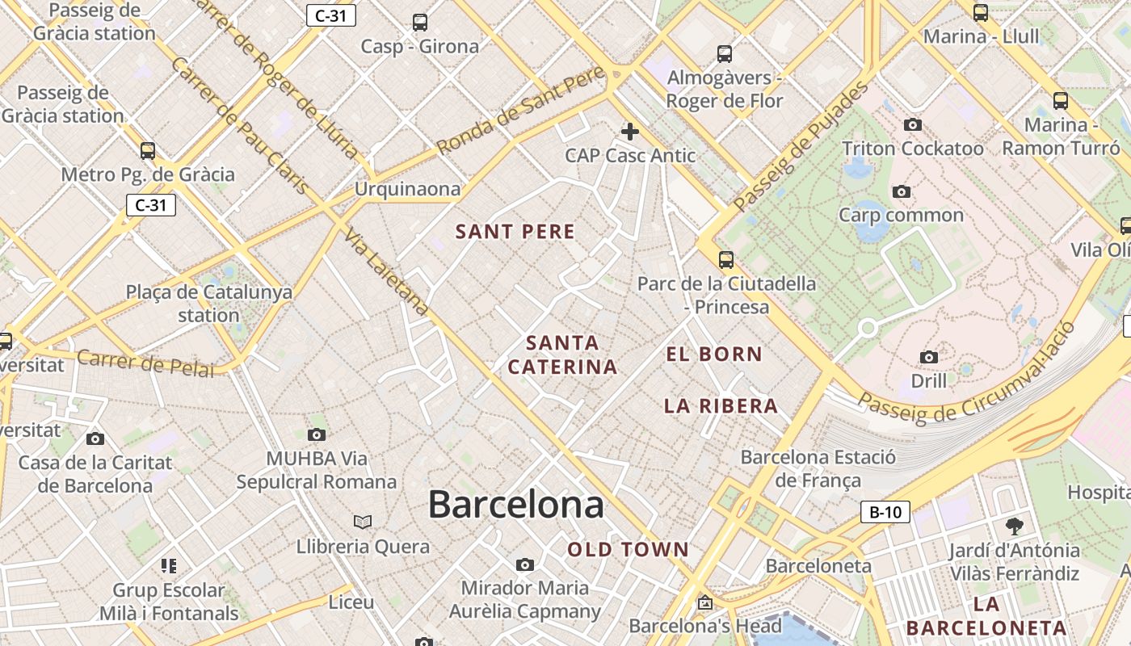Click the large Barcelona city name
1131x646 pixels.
(515, 505)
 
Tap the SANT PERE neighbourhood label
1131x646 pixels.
(515, 232)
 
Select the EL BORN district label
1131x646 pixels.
(713, 354)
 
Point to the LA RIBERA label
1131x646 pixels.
(721, 406)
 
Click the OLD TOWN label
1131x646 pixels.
(628, 550)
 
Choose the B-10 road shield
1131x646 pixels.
(885, 512)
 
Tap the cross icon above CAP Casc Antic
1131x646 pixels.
(629, 131)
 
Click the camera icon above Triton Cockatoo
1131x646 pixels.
(913, 124)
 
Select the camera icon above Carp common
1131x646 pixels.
(901, 191)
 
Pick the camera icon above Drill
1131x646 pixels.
(928, 357)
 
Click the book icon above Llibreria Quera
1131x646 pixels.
(363, 522)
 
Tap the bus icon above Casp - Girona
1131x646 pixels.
(419, 22)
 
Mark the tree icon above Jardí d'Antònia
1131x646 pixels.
(1014, 526)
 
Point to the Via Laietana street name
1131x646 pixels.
(385, 272)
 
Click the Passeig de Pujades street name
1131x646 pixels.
(801, 145)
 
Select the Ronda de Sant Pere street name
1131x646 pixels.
(520, 111)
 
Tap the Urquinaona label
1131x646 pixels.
(407, 189)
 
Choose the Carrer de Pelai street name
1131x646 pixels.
(146, 363)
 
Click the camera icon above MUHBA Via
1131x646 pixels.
(317, 434)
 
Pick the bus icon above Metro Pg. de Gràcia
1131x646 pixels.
(148, 150)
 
